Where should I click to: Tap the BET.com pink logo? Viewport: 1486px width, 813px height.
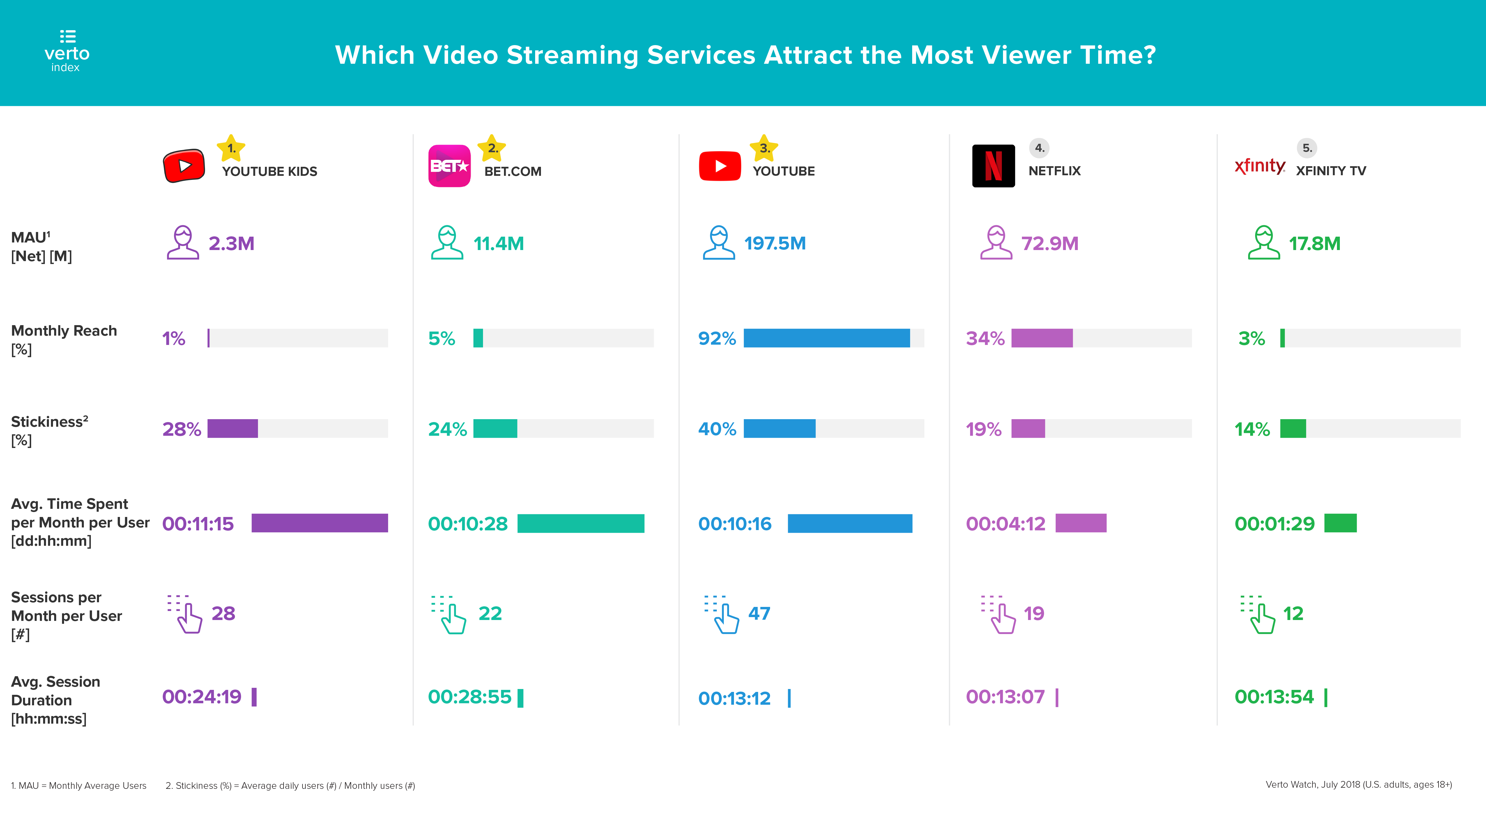click(x=449, y=166)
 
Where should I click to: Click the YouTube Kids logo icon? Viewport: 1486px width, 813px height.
click(x=184, y=166)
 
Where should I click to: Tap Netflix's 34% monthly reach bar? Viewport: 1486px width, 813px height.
click(x=1042, y=338)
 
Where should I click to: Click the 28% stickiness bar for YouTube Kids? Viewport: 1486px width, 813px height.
click(x=232, y=428)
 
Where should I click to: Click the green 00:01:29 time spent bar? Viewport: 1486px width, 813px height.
click(x=1340, y=523)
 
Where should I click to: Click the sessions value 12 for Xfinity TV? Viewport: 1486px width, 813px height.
click(x=1293, y=614)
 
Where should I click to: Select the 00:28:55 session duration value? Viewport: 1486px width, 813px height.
click(x=470, y=697)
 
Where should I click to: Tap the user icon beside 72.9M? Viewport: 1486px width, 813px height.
click(x=996, y=243)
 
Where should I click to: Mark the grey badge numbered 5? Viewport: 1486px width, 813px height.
click(x=1307, y=148)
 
